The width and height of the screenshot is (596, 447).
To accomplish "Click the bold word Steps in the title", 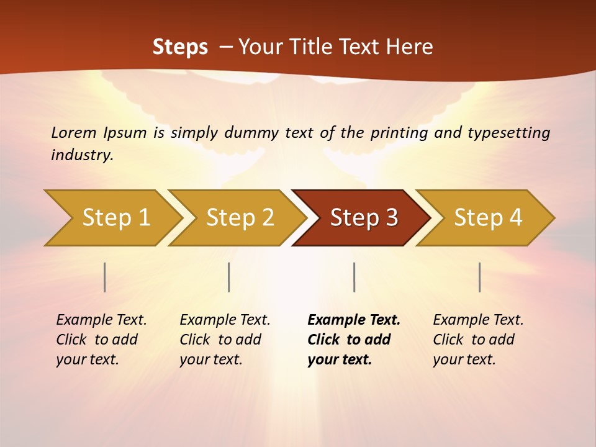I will (x=180, y=47).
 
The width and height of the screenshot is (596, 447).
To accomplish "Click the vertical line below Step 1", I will (x=105, y=277).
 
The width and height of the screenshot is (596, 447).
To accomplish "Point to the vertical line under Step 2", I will (x=229, y=277).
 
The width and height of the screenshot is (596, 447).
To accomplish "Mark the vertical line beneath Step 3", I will (x=354, y=277).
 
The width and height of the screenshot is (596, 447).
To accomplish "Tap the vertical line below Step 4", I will (x=480, y=277).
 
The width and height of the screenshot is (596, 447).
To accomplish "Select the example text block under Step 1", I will (x=101, y=339).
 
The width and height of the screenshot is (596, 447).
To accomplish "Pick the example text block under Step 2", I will (x=225, y=339).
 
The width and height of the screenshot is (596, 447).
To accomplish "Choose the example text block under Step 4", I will (x=478, y=339).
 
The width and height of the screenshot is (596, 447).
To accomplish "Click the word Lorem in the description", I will (x=74, y=132).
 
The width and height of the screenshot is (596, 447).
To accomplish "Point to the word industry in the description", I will (x=82, y=155).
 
